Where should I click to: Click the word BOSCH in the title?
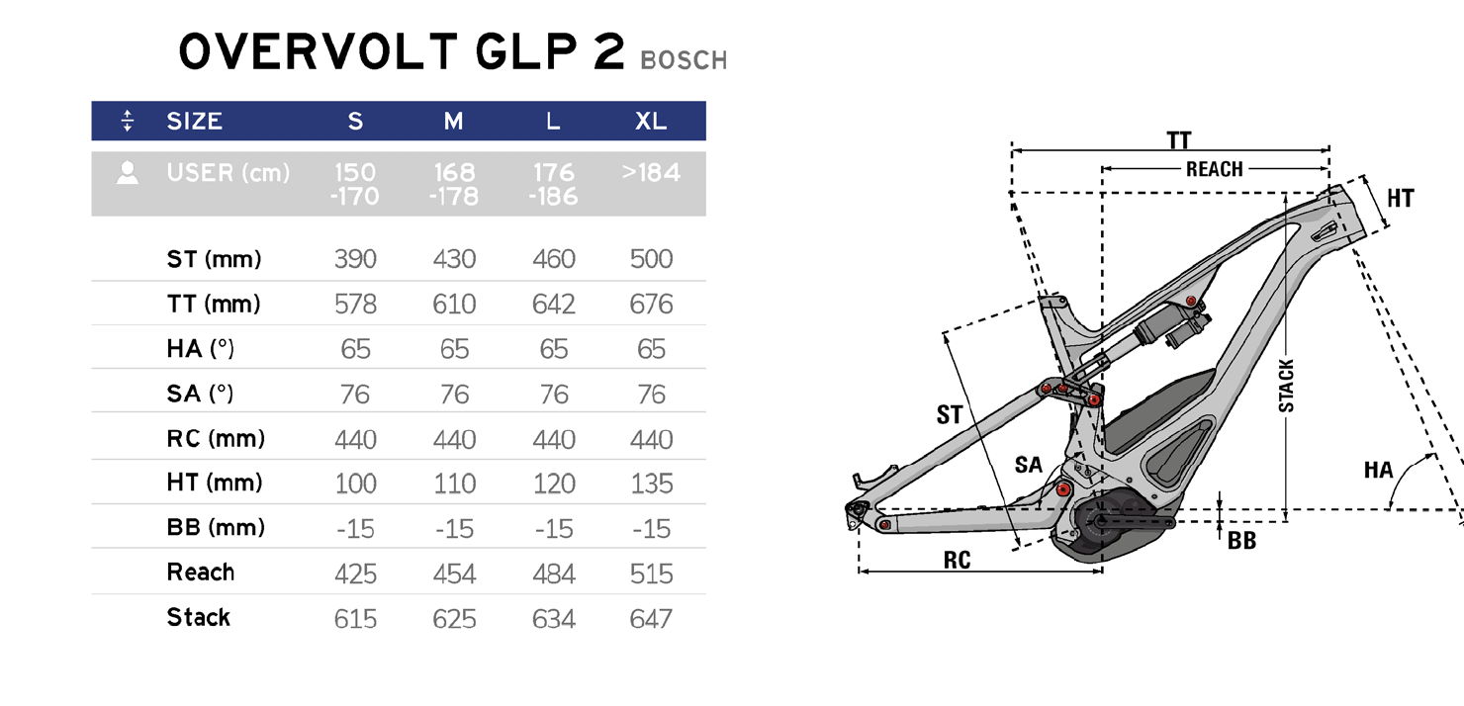point(684,60)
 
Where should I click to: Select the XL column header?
point(651,121)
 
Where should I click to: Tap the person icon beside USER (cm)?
point(128,172)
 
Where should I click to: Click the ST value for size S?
point(355,259)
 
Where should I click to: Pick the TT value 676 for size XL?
point(651,305)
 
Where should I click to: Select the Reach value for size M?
point(454,574)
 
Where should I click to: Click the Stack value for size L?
point(554,619)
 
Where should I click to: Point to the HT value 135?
point(652,484)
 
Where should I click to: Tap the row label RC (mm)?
point(216,439)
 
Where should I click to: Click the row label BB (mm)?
point(216,528)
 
